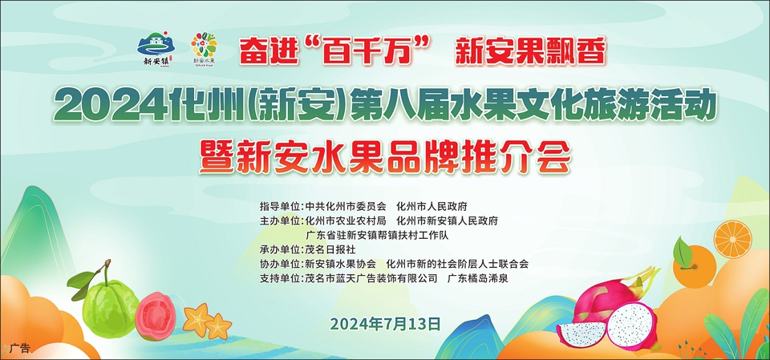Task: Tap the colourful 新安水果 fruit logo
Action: coord(204,47)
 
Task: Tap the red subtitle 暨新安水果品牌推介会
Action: coord(385,156)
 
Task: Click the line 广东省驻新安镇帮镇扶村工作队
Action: coord(377,235)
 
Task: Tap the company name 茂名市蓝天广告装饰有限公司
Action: coord(371,278)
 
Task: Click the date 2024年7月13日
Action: coord(386,324)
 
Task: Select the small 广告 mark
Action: coord(19,348)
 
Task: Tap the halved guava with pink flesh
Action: coord(155,315)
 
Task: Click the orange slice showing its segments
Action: coord(732,239)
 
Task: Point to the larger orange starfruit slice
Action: coord(199,319)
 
